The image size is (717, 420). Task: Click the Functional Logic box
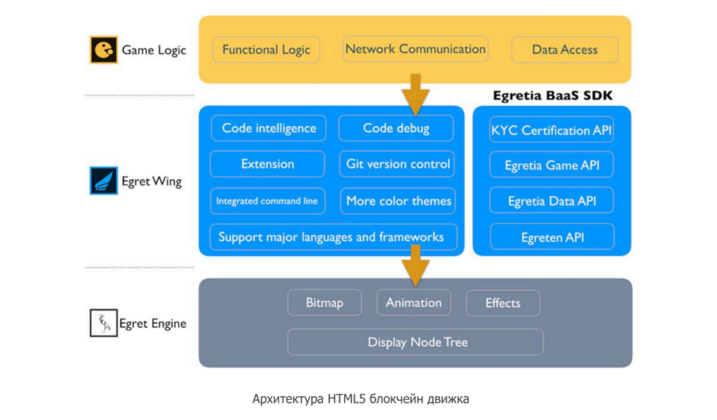click(x=266, y=50)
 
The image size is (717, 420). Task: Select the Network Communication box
click(x=415, y=49)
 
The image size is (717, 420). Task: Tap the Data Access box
click(x=565, y=50)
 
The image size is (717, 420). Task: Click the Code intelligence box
click(x=269, y=128)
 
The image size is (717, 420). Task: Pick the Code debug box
click(x=396, y=128)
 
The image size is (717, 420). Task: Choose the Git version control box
click(x=397, y=164)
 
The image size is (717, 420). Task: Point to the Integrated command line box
click(x=268, y=201)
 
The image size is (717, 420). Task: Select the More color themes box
click(x=398, y=201)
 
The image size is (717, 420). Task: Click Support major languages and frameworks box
click(x=333, y=237)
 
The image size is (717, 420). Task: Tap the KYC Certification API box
click(x=551, y=130)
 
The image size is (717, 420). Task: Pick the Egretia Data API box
click(x=551, y=201)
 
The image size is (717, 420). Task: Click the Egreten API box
click(x=552, y=237)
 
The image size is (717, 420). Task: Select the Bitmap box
click(x=325, y=303)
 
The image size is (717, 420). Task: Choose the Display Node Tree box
click(x=416, y=342)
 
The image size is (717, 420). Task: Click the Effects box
click(x=503, y=303)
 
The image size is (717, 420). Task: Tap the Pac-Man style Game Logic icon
click(x=103, y=50)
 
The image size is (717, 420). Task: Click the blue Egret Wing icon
click(x=103, y=180)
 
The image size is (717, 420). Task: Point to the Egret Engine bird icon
click(x=103, y=323)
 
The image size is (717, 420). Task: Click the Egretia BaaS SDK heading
click(x=553, y=95)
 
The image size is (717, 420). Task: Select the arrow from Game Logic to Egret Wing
click(x=415, y=94)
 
